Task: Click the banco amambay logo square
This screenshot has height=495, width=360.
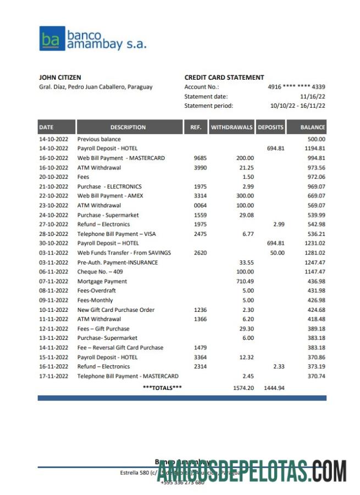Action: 52,38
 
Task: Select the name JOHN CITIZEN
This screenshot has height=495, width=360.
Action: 60,78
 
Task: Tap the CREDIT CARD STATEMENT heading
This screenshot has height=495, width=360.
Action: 224,78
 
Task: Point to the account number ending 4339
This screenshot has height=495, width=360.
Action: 296,87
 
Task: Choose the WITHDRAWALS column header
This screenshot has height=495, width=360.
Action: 231,127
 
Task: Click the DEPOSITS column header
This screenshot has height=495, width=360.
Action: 270,127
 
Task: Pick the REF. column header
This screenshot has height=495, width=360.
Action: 196,127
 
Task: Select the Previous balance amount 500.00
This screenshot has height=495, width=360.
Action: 316,139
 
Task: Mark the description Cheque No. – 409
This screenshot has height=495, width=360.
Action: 100,272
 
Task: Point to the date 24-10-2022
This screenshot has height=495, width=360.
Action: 53,215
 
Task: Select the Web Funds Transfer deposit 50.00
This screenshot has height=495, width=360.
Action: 277,252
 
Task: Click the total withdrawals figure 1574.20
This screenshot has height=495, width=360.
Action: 243,388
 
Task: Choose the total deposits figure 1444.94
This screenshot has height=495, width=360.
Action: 274,388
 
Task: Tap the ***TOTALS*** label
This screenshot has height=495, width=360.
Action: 162,388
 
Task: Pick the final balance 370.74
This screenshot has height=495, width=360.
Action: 316,376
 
